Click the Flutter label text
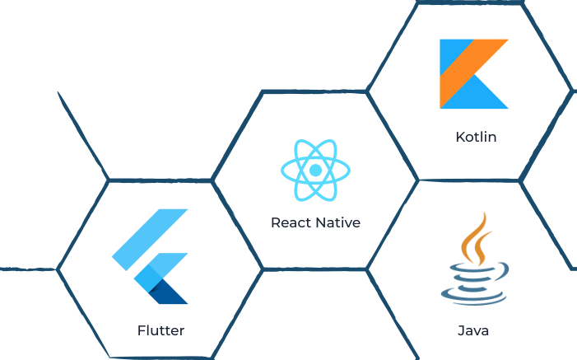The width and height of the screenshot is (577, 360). [161, 331]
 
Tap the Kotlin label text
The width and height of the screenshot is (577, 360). [476, 136]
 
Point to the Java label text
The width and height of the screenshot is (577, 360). [472, 331]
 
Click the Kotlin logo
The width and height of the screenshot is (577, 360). [473, 73]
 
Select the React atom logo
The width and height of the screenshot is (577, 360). [314, 171]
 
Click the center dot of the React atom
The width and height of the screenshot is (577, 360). [314, 171]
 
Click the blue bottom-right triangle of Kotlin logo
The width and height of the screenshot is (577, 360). [489, 94]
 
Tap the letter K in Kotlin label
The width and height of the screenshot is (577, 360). [459, 136]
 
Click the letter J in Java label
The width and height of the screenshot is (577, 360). [460, 331]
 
